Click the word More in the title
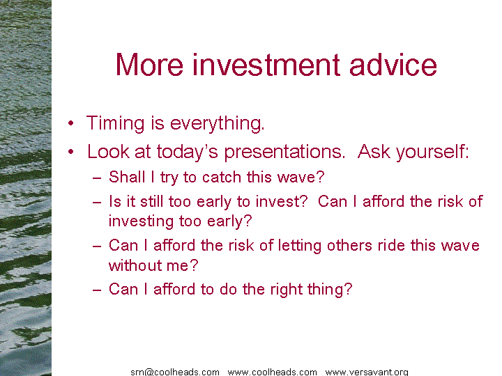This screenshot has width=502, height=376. point(149,65)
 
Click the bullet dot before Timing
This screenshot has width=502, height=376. point(70,123)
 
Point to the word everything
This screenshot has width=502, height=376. point(217,124)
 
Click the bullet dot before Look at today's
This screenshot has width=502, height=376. point(70,152)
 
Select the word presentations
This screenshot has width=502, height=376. point(284,152)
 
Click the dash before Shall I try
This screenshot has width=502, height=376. point(97,178)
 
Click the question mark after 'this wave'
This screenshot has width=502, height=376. point(320,177)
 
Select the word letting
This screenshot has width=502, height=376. point(300,246)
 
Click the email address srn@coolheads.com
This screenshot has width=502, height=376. point(175,372)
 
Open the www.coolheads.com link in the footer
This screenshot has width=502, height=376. point(273,372)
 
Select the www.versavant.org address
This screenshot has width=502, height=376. point(367,372)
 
